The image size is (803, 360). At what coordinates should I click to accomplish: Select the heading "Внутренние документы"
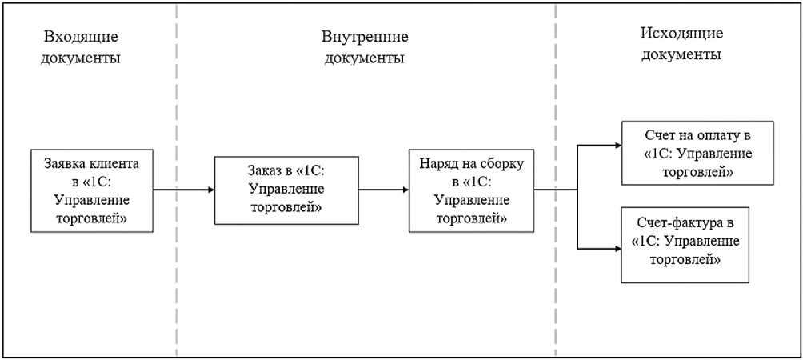[x=365, y=48]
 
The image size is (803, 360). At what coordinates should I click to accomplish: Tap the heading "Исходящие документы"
[x=681, y=44]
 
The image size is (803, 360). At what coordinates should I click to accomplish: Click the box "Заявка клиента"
[x=91, y=190]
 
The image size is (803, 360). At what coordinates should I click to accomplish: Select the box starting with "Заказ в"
[x=286, y=190]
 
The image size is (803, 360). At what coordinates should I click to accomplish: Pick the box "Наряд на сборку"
[x=471, y=190]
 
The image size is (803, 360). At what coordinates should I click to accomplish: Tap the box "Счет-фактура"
[x=685, y=243]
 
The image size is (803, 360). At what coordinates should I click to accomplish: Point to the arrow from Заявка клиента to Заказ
[x=183, y=190]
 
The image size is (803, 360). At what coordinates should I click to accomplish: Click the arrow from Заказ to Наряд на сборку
[x=383, y=190]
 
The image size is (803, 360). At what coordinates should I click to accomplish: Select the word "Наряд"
[x=439, y=164]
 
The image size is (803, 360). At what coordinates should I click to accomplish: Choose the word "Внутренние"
[x=365, y=37]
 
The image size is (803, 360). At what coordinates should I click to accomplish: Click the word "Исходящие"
[x=681, y=33]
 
